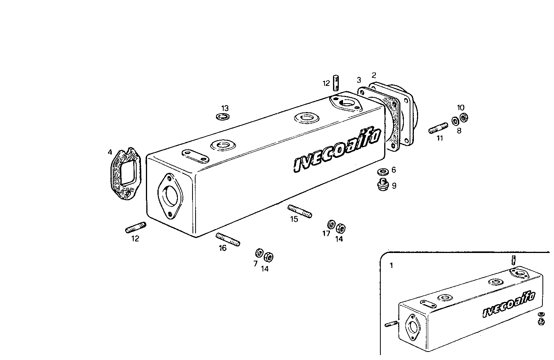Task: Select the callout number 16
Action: pos(223,248)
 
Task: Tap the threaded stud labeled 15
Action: pos(300,211)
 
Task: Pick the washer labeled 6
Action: pos(383,171)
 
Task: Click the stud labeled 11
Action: pos(438,128)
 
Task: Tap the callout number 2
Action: pos(373,75)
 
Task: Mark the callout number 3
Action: pos(359,80)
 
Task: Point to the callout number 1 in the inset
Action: pos(392,266)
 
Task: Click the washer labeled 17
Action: pos(331,224)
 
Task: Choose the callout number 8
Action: pos(459,131)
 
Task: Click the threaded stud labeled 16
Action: pos(228,239)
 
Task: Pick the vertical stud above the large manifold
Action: pos(336,82)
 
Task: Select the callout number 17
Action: pos(326,233)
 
